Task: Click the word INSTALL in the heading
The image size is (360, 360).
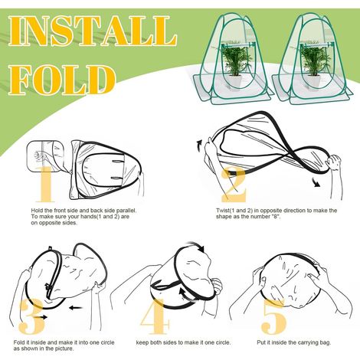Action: pos(93,31)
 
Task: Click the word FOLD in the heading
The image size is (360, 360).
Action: pos(62,80)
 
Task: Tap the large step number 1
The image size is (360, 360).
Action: pos(45,184)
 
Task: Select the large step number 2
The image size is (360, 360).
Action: pos(234,185)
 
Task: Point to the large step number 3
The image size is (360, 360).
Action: pos(32,316)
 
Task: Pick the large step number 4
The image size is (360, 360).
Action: pos(155,316)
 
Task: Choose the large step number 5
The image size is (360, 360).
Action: pos(274,316)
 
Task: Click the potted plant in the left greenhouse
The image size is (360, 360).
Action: pos(234,67)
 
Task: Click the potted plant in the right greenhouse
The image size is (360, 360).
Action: pos(312,67)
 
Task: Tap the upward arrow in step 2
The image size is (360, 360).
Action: pos(199,146)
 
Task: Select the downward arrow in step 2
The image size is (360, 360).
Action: pos(316,182)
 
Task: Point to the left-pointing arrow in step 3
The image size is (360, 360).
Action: pos(76,308)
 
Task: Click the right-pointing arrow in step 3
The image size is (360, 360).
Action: pos(41,317)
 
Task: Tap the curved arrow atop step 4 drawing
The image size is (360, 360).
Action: pos(196,245)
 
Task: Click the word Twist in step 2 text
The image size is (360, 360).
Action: pos(223,211)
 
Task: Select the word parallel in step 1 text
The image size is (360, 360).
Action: pos(126,211)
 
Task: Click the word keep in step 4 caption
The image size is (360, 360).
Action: pos(142,342)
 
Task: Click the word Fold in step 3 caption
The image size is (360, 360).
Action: pos(19,342)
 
